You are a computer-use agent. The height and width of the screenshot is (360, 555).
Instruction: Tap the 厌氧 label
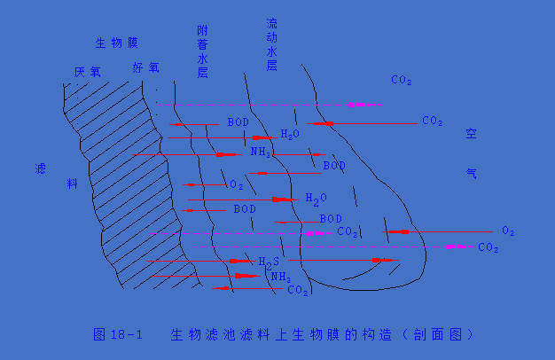(x=88, y=71)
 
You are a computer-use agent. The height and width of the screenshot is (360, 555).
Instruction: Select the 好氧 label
(x=146, y=67)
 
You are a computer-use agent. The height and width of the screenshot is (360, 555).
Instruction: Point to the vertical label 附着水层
(x=202, y=52)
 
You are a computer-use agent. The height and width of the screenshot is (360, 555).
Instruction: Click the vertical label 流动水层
(x=272, y=43)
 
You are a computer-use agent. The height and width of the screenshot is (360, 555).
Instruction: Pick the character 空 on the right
(x=472, y=135)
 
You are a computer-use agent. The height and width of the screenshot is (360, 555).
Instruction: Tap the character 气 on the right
(x=472, y=174)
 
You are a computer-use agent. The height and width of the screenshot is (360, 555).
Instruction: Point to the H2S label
(x=269, y=262)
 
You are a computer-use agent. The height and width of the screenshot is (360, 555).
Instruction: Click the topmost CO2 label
(x=401, y=81)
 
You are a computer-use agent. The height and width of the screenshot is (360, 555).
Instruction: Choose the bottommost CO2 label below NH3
(x=298, y=290)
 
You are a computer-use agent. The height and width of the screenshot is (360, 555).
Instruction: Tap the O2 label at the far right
(x=508, y=231)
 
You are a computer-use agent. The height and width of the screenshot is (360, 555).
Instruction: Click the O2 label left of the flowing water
(x=236, y=185)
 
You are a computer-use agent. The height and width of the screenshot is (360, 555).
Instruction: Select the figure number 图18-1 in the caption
(x=117, y=334)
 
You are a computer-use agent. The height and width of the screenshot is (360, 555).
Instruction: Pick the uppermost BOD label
(x=238, y=122)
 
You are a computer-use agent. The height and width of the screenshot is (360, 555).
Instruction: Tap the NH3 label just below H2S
(x=280, y=277)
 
